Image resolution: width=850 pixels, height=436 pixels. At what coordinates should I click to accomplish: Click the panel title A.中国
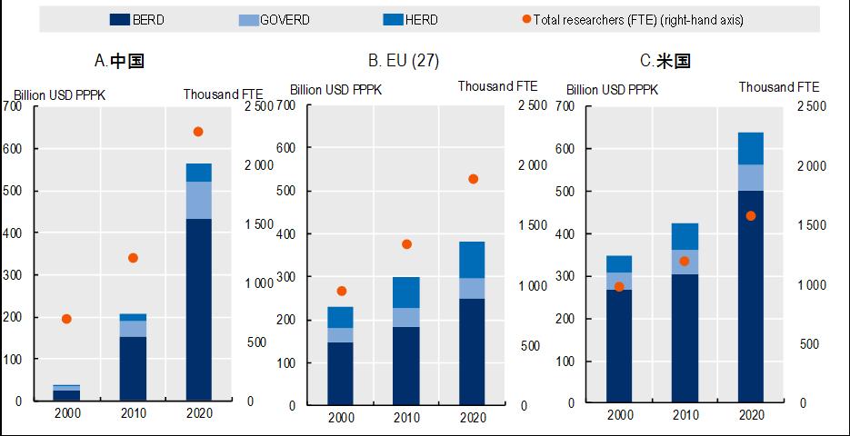119,62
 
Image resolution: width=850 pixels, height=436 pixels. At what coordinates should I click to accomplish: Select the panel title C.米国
665,62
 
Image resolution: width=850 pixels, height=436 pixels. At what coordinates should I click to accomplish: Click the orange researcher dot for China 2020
198,132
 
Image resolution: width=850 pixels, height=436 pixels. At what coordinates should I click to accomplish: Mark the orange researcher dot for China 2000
66,319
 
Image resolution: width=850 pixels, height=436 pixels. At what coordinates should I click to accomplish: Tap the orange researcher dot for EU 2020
473,179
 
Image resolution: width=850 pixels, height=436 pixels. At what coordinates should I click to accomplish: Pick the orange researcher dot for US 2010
685,261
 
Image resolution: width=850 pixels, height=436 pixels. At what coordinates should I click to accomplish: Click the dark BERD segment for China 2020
198,309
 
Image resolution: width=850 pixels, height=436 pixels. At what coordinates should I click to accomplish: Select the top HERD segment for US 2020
750,148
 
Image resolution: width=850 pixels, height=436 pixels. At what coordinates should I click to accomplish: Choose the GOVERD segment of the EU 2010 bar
406,317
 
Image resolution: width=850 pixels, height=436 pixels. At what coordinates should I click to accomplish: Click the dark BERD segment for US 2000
619,345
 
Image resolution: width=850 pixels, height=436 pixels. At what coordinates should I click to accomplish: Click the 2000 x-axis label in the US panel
619,415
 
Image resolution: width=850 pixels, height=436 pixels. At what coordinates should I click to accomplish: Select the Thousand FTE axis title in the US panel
778,87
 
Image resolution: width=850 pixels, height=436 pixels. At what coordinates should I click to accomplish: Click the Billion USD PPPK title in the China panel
55,94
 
